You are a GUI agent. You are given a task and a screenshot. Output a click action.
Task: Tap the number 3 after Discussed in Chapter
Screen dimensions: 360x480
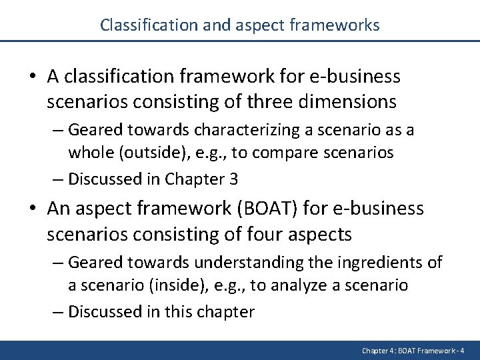click(236, 179)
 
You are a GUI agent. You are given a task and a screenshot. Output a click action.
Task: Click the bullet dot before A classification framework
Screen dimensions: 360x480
click(33, 77)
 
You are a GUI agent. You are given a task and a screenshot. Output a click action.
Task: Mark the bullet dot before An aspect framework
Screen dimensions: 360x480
click(33, 209)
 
